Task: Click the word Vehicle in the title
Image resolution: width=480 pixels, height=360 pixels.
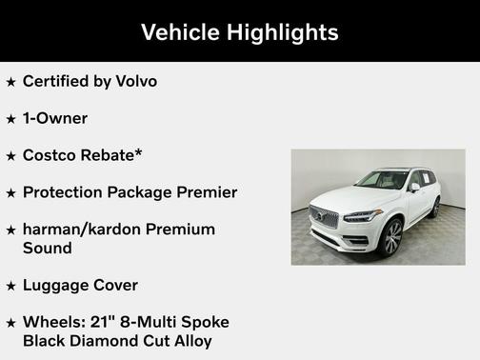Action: click(180, 31)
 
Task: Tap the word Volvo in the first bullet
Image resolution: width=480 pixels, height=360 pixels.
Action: click(135, 81)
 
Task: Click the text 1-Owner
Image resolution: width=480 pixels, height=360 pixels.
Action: click(55, 118)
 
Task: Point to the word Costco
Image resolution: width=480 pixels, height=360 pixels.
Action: click(50, 155)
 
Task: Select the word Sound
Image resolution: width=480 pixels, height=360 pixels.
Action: click(47, 248)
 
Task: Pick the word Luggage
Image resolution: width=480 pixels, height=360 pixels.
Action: click(54, 285)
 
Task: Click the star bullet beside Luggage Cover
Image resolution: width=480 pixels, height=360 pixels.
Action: click(11, 286)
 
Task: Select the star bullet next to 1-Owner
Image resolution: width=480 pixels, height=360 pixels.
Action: click(11, 119)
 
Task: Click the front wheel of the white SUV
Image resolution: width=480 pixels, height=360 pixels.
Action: click(390, 237)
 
